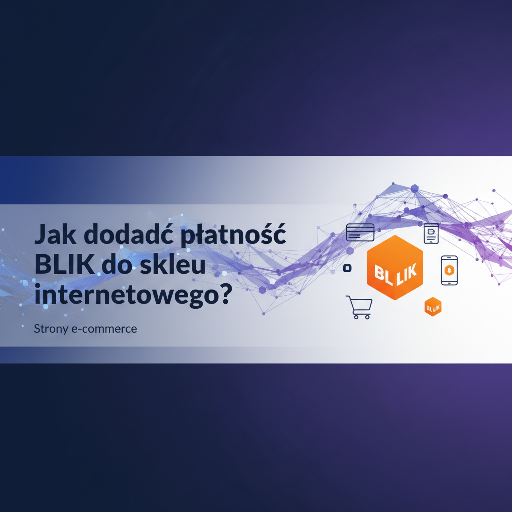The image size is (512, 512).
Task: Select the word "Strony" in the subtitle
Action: coord(50,330)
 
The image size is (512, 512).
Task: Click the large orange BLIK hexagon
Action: coord(395,268)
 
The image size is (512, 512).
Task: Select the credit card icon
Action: coord(360,232)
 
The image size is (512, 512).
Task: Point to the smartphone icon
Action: coord(449,270)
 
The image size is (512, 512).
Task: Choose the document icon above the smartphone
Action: coord(431,233)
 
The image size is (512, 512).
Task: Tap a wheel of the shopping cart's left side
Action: coord(355,317)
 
